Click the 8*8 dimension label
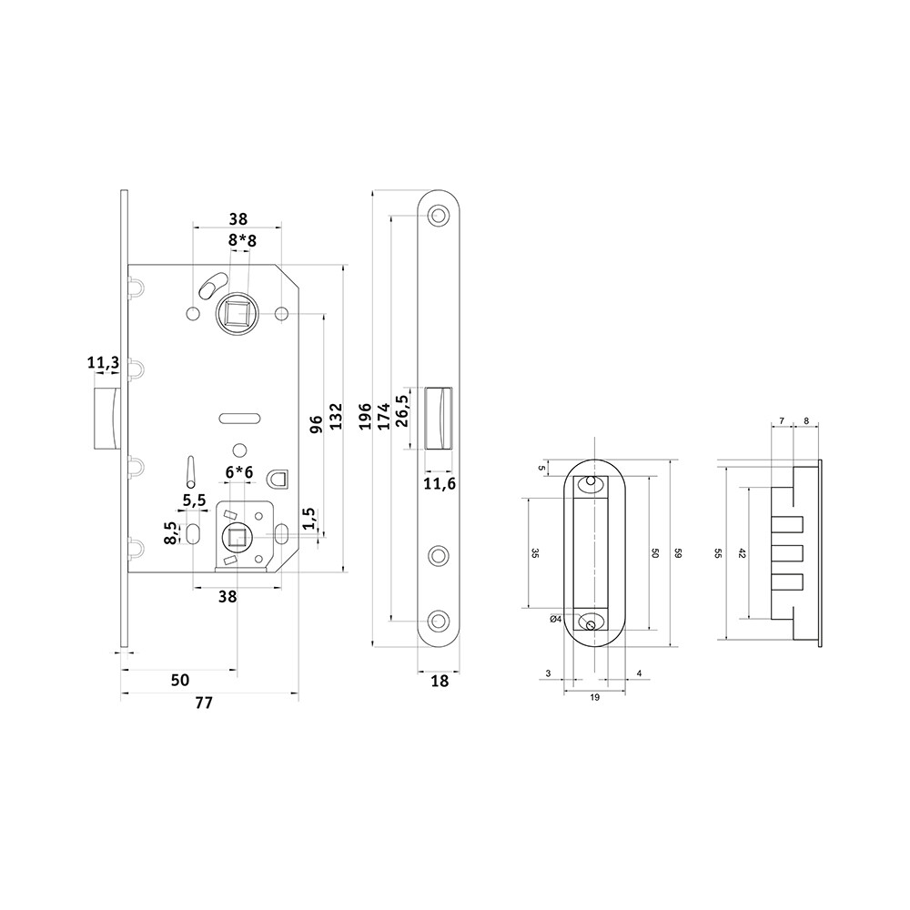242,240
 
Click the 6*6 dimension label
239,472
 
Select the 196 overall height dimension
365,416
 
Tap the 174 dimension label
384,416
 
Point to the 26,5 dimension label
402,411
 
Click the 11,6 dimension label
440,483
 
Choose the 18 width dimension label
440,681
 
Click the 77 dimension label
204,703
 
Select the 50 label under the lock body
180,680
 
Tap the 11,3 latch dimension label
104,363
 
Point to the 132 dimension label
336,417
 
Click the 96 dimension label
317,424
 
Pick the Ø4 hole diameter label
555,619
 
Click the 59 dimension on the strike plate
677,553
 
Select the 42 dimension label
741,553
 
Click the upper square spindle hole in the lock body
238,314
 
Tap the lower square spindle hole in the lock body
237,538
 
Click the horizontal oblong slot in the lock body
238,418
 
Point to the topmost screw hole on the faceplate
439,216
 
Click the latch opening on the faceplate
440,417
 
